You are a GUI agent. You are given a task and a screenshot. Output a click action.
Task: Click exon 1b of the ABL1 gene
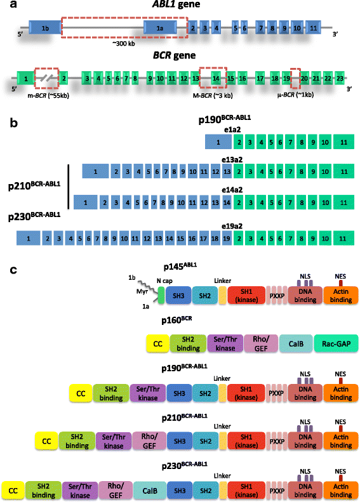coord(45,29)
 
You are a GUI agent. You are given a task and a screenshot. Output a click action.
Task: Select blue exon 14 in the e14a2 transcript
coord(227,203)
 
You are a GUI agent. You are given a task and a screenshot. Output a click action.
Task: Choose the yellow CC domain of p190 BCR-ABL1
coord(81,393)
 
